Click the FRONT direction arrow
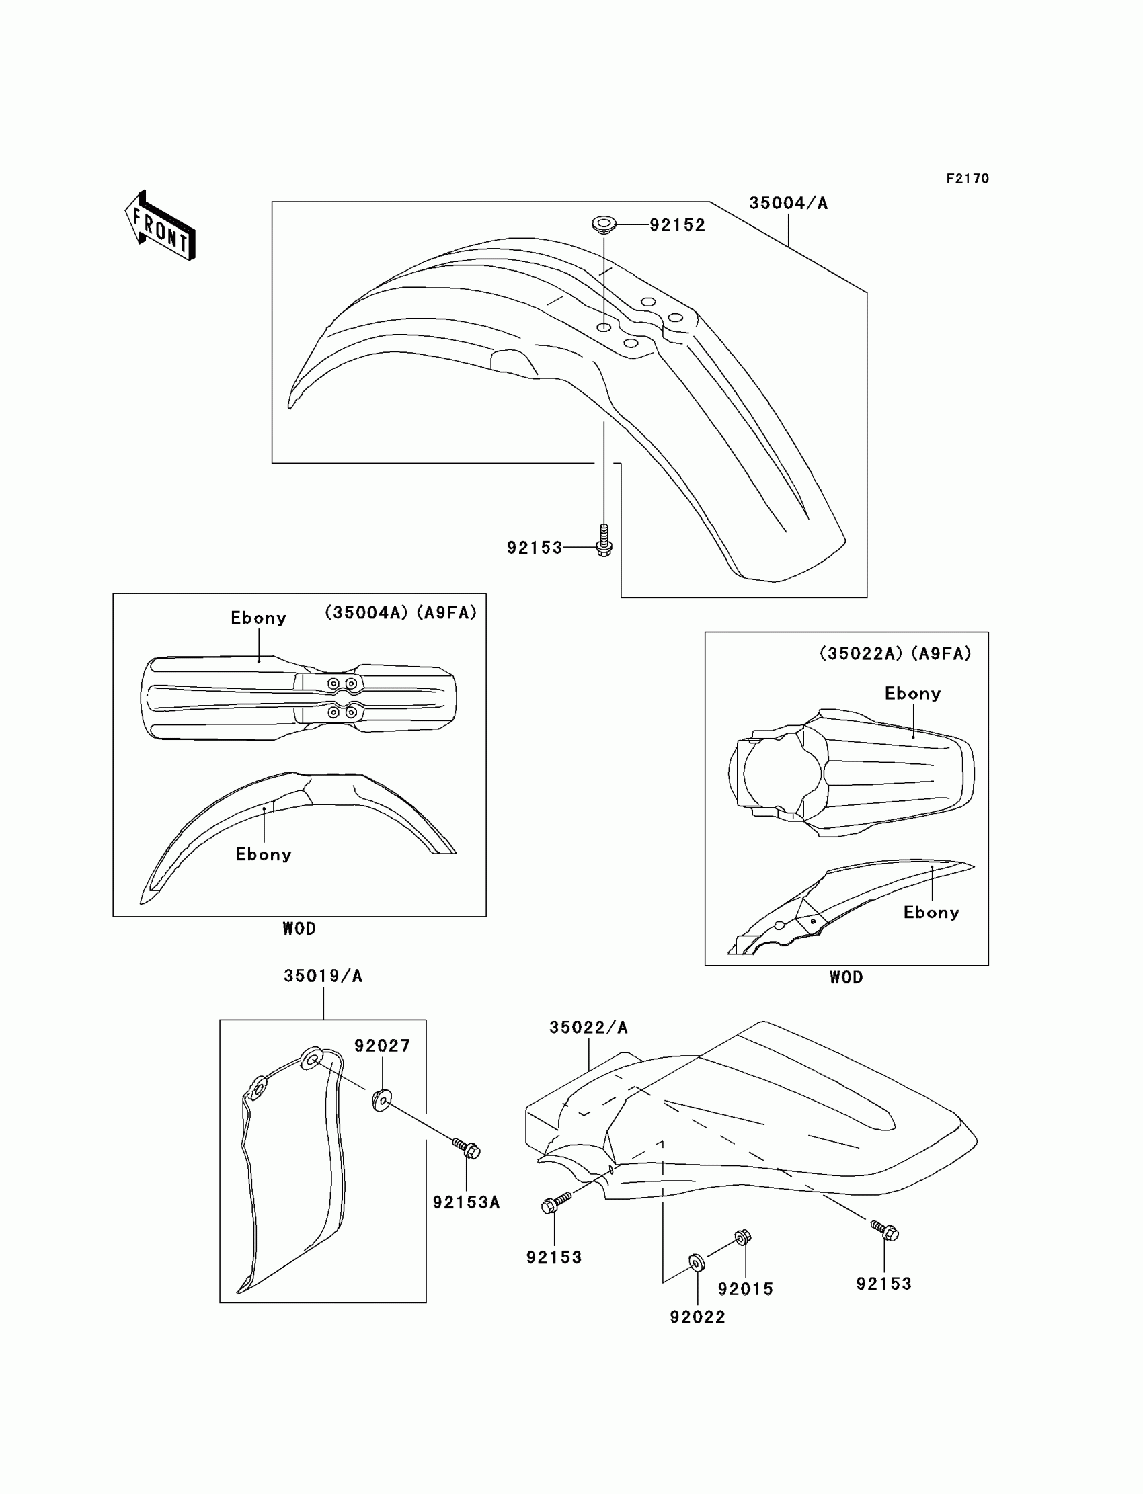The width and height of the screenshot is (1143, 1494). [161, 226]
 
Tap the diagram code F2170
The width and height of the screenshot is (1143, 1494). [968, 179]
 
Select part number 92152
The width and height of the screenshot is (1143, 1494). [677, 225]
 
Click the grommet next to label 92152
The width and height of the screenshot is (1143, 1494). [603, 223]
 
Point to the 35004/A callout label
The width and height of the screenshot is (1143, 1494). [788, 204]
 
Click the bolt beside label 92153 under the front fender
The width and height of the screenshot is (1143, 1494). [604, 541]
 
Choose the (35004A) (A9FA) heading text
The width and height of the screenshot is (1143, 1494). [400, 613]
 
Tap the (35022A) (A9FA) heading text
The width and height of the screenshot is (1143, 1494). [895, 653]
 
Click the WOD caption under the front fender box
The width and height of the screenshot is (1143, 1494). [299, 929]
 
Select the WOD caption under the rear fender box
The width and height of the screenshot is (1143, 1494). [846, 977]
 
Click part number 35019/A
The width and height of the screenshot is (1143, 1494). [323, 977]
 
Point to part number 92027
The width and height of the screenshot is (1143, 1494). [383, 1046]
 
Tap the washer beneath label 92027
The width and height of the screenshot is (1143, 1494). [382, 1100]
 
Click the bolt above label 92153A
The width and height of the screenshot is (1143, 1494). [467, 1149]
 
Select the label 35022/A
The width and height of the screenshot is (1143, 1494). [588, 1028]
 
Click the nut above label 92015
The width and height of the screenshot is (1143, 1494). [742, 1237]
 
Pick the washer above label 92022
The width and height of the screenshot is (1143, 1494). [697, 1263]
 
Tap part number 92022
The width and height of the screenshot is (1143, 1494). [697, 1317]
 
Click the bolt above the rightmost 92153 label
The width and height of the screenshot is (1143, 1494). [885, 1230]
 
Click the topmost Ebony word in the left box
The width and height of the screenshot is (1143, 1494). [259, 618]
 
